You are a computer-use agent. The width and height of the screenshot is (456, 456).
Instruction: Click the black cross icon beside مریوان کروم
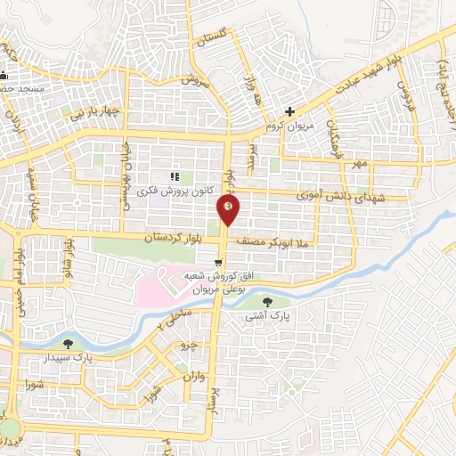click(289, 111)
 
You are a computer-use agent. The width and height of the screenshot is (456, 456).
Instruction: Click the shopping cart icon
click(218, 263)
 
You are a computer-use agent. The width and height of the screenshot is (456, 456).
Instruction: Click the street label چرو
click(187, 344)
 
